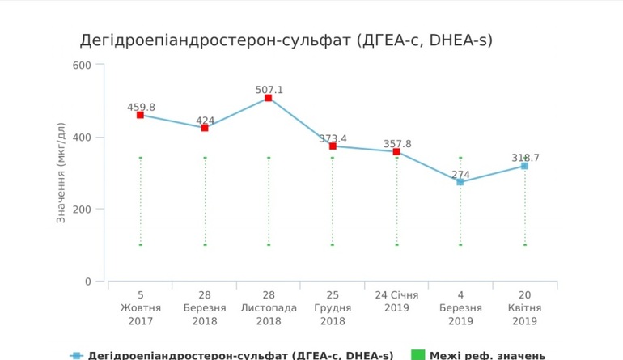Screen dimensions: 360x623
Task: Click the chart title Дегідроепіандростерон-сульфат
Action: pos(286,40)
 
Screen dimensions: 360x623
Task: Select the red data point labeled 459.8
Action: pos(140,115)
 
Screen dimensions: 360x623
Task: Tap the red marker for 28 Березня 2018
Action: pos(205,128)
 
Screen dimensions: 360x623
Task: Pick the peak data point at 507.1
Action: pos(269,98)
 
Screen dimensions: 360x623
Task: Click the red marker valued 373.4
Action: pos(333,146)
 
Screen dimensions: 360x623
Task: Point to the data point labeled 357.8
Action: pos(396,151)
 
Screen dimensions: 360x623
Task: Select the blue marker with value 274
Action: pos(460,182)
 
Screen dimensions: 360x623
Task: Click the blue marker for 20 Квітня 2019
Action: pos(524,166)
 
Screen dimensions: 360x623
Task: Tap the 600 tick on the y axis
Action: pos(83,65)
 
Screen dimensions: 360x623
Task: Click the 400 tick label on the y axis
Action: pos(83,137)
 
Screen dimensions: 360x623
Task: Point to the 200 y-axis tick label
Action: pos(83,210)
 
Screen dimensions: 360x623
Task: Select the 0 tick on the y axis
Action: pos(88,282)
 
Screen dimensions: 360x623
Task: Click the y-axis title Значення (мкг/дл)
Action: pos(61,172)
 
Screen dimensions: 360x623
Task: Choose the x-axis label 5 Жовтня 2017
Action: pos(140,308)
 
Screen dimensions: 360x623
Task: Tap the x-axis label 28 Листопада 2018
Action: pos(269,308)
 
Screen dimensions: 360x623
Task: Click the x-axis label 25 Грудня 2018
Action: pos(333,308)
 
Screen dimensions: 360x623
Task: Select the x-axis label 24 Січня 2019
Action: pos(396,302)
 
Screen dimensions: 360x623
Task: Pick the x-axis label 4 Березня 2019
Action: pos(460,308)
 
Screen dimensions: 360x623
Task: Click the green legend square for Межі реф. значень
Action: pos(417,355)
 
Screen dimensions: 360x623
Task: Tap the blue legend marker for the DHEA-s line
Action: pos(76,355)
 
